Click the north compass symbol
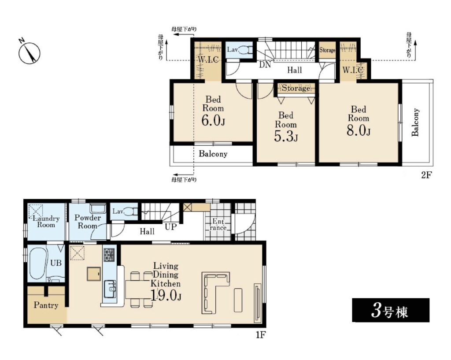coord(30,52)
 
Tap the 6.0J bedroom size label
coord(213,120)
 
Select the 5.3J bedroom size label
coord(285,136)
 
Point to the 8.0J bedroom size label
coord(359,130)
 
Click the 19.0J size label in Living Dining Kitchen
coord(166,295)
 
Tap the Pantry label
coord(46,305)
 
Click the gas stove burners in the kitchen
coord(109,254)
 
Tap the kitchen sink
coord(110,289)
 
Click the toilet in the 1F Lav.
coord(132,212)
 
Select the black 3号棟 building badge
coord(391,310)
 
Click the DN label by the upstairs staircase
coord(265,65)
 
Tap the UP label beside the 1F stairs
coord(170,227)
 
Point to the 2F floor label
coord(426,174)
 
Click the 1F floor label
coord(260,335)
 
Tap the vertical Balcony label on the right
coord(415,122)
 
